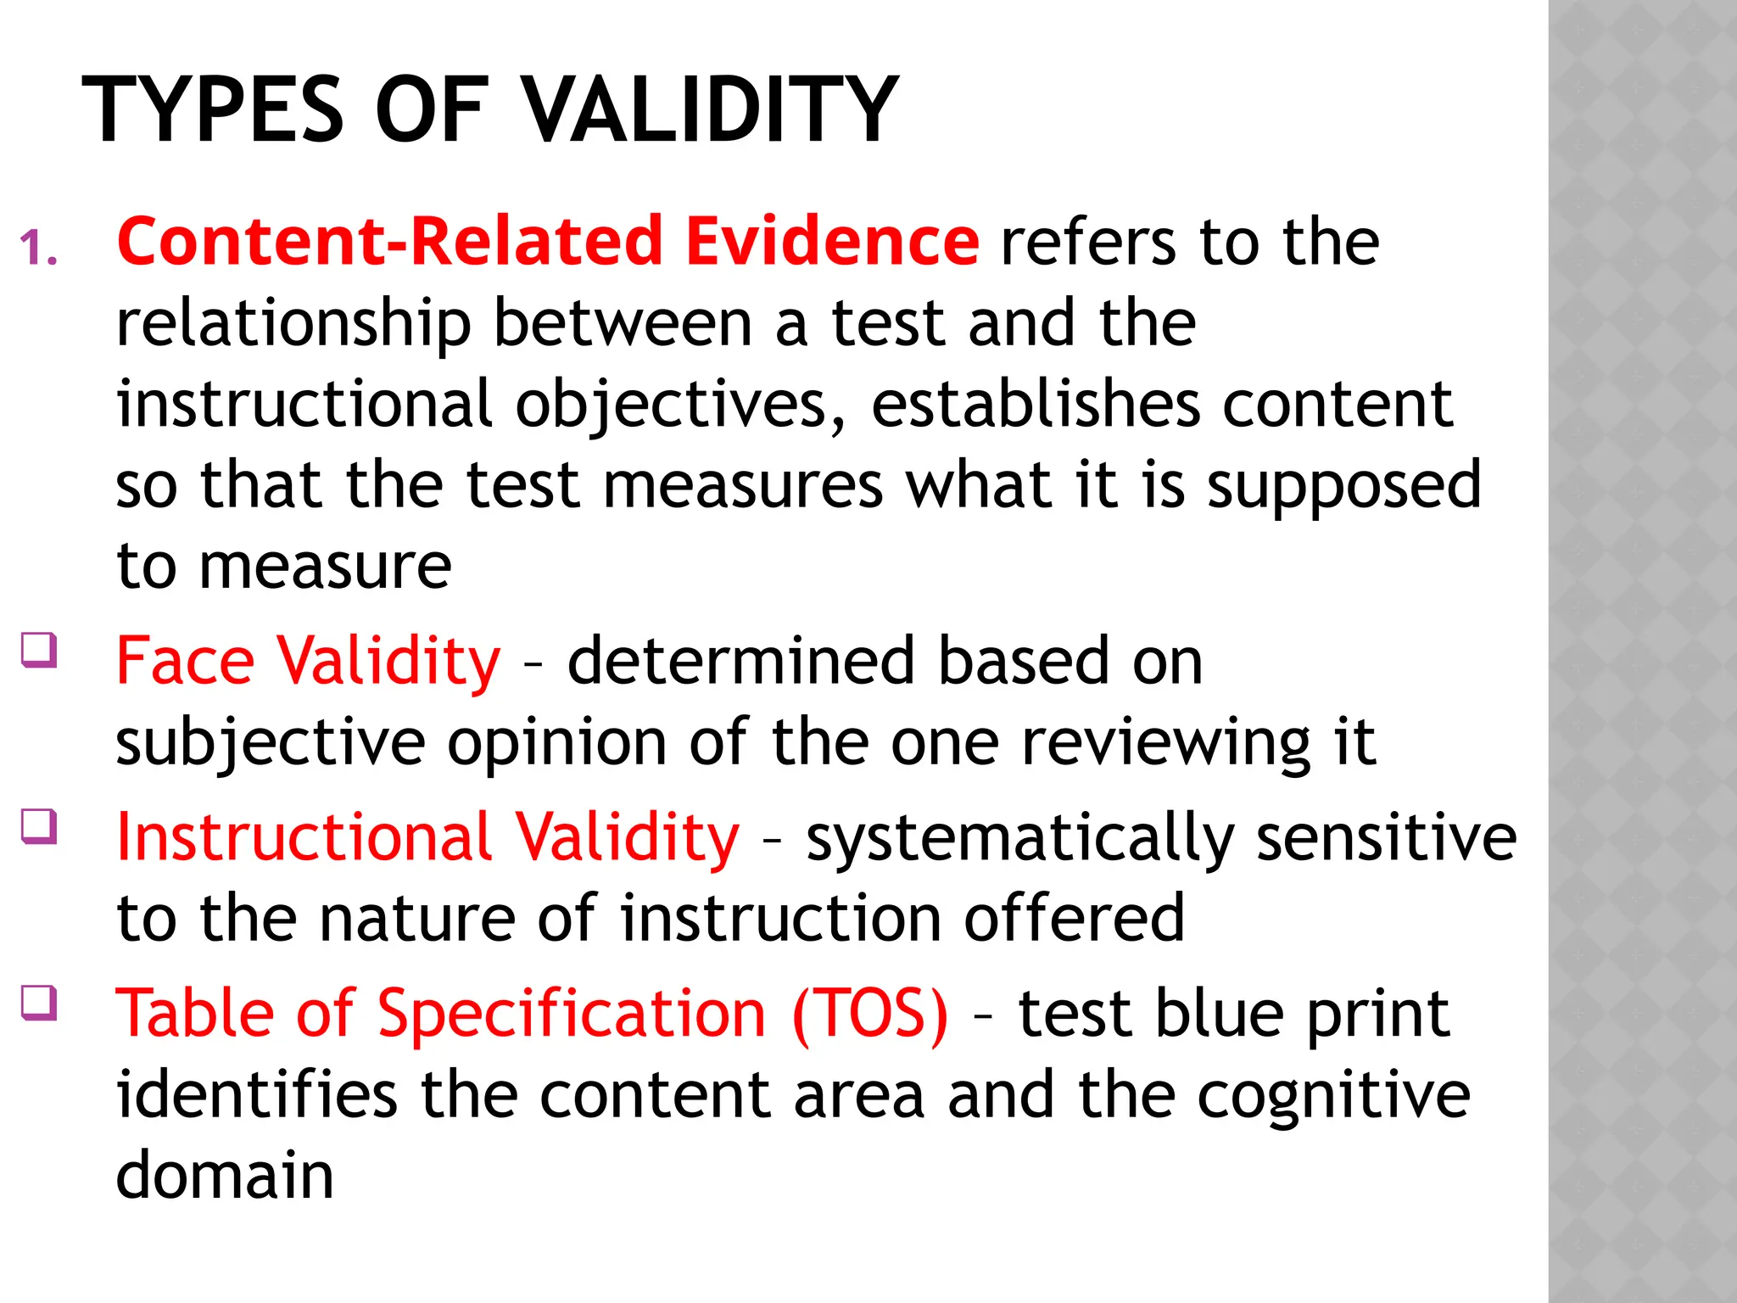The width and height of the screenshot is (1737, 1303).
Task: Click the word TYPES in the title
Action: [x=212, y=110]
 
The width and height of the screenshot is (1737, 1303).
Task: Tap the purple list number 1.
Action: [x=38, y=249]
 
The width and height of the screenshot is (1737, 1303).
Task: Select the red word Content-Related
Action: [x=389, y=241]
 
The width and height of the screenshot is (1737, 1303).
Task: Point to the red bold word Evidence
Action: [x=832, y=241]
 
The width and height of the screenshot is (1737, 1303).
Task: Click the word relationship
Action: [x=293, y=325]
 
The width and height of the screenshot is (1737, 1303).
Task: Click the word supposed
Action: [x=1344, y=487]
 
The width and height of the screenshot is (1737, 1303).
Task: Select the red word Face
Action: [x=185, y=662]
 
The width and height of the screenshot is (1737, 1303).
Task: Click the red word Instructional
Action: [x=304, y=838]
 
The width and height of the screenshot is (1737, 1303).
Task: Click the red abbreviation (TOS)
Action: [x=870, y=1015]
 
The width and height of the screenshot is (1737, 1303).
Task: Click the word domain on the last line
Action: [x=225, y=1176]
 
